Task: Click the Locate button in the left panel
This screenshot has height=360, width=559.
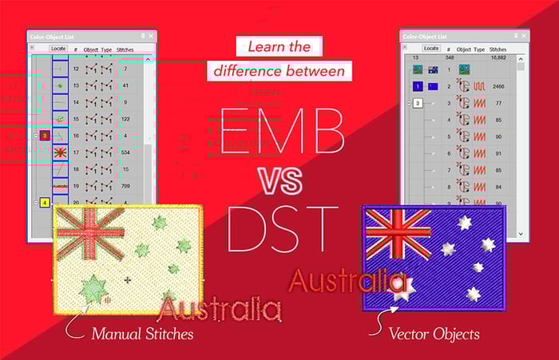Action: coord(57,49)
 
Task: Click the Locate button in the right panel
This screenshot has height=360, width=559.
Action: coord(431,48)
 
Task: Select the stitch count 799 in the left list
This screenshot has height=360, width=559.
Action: coord(126,185)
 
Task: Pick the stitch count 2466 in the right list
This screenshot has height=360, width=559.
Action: coord(497,85)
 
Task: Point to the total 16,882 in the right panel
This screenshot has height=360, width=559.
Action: coord(498,57)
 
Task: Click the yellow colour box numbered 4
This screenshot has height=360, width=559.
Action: coord(45,203)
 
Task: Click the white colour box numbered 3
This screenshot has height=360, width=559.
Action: coord(417,103)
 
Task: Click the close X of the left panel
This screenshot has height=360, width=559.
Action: coord(152,36)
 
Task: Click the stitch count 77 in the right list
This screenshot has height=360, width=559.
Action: coord(497,103)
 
